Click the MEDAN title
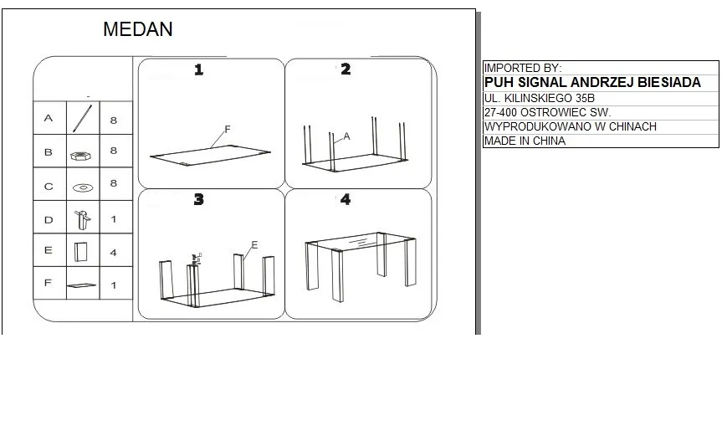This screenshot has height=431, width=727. click(138, 29)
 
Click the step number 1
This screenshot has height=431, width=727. click(199, 70)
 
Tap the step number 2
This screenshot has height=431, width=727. click(346, 69)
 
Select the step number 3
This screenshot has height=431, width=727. click(198, 199)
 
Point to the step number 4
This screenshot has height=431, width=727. click(346, 199)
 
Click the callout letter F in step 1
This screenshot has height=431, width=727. click(228, 130)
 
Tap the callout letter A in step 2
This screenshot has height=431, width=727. click(346, 136)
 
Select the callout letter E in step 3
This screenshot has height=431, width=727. click(254, 245)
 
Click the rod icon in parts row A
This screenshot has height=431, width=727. click(83, 118)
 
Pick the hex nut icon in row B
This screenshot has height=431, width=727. click(80, 156)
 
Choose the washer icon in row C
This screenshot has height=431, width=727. click(83, 188)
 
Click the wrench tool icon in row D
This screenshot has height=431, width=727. click(83, 220)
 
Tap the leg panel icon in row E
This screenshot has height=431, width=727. click(80, 252)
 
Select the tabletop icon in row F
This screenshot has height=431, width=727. click(81, 285)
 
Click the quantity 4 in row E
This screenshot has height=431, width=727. click(114, 253)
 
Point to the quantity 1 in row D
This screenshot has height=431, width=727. click(114, 219)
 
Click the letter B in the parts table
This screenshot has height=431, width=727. click(49, 152)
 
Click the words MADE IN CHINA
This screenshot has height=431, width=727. click(525, 141)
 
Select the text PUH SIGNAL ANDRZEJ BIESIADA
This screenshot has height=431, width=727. click(592, 83)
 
